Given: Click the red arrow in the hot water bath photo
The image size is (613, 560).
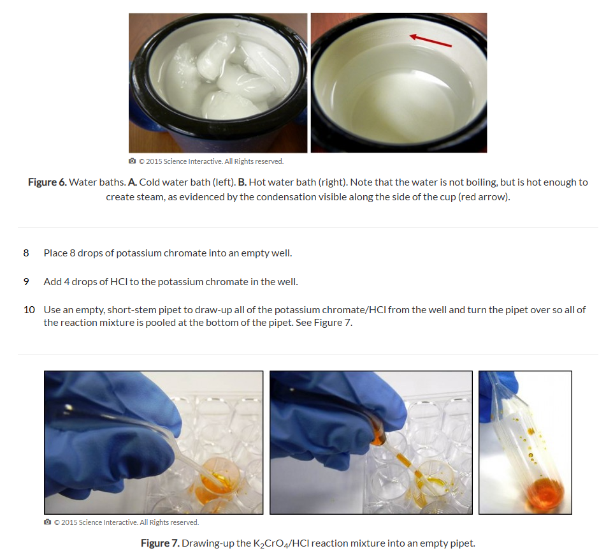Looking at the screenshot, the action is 430,41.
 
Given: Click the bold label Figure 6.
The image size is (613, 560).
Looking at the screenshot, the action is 47,182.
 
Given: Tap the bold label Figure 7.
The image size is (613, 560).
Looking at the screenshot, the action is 161,543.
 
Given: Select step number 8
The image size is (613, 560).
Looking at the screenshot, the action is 26,253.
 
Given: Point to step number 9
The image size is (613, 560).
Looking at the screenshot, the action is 26,282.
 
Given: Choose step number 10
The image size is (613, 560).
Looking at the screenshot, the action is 29,310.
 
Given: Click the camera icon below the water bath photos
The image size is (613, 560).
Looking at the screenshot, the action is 133,161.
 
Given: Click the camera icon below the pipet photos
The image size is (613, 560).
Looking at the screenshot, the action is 48,522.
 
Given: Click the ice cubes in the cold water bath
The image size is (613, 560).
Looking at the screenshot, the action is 223,77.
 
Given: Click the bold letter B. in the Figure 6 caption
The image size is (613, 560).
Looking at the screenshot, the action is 242,182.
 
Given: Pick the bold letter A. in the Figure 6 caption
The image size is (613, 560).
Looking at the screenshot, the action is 133,182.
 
